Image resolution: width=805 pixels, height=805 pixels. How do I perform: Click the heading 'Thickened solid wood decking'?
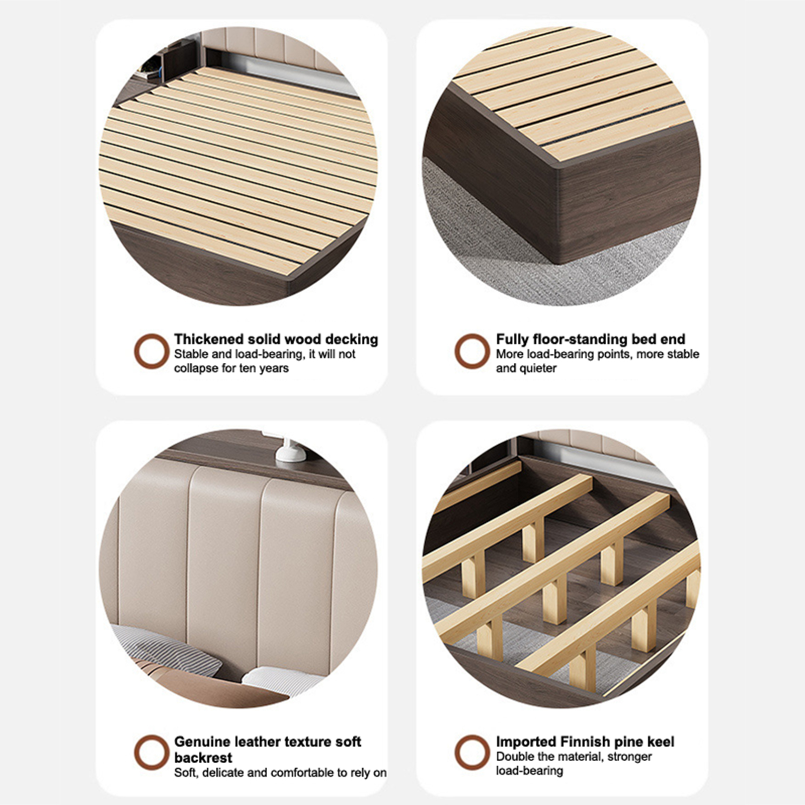(276, 339)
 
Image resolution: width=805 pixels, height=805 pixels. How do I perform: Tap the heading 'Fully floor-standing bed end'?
(591, 339)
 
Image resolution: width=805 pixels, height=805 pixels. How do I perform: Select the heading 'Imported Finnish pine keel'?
(585, 742)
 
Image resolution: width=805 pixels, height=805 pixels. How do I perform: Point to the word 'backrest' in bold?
(203, 758)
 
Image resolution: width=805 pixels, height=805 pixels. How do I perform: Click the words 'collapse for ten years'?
(231, 368)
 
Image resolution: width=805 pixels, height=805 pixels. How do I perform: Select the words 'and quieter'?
(526, 368)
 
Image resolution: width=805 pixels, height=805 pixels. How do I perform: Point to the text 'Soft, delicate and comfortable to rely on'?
(280, 773)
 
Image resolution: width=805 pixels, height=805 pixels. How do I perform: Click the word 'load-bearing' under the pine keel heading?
(529, 771)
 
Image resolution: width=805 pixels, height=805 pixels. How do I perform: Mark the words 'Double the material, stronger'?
(574, 757)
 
